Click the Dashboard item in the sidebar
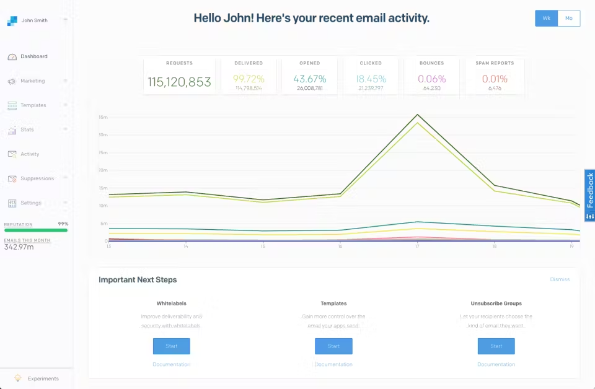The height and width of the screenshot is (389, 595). click(x=33, y=56)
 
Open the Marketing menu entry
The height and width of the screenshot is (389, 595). click(x=32, y=81)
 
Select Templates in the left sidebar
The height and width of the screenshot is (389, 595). click(x=33, y=105)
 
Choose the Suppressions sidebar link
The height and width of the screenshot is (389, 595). click(x=37, y=178)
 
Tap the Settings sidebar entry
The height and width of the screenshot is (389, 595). click(x=30, y=203)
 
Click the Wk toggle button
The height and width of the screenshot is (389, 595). click(x=546, y=19)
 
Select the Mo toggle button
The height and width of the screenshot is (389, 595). click(x=568, y=19)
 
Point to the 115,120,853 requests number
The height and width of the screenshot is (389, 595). click(x=179, y=82)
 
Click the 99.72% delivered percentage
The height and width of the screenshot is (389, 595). click(x=248, y=79)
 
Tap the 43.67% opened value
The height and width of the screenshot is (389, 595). click(x=309, y=79)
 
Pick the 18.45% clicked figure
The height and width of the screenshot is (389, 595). click(x=371, y=79)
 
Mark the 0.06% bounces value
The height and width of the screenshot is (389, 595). click(x=431, y=79)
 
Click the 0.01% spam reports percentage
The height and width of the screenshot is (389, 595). click(x=495, y=79)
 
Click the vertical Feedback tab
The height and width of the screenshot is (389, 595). click(x=589, y=195)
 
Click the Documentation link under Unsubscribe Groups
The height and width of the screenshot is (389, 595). click(x=496, y=364)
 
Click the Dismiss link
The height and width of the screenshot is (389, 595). click(x=559, y=279)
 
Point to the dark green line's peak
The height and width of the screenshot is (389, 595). click(x=417, y=115)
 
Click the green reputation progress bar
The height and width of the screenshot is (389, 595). click(x=36, y=230)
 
